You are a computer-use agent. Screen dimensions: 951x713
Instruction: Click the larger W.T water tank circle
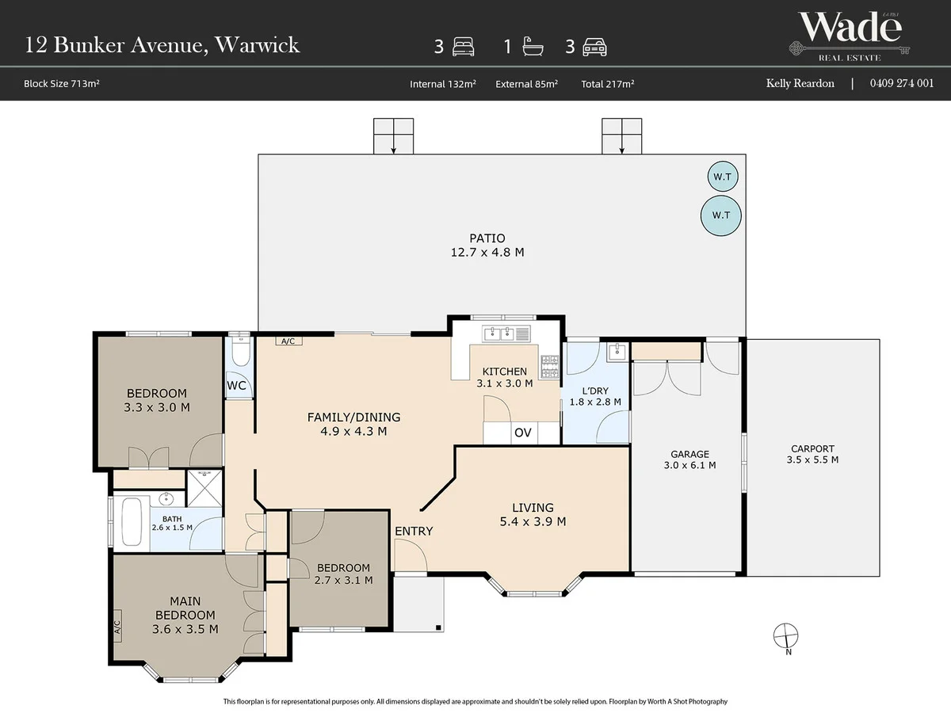pyautogui.click(x=720, y=215)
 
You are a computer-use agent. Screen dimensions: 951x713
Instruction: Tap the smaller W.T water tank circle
pyautogui.click(x=722, y=176)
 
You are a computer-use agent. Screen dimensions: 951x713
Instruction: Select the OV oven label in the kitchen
pyautogui.click(x=522, y=433)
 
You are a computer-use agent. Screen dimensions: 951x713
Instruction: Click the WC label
pyautogui.click(x=236, y=386)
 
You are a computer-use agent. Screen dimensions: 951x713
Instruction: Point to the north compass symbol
pyautogui.click(x=785, y=636)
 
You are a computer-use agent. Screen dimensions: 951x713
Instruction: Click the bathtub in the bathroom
pyautogui.click(x=132, y=522)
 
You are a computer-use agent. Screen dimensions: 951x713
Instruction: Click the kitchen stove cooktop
pyautogui.click(x=549, y=367)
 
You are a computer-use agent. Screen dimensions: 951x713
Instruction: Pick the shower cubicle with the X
pyautogui.click(x=204, y=488)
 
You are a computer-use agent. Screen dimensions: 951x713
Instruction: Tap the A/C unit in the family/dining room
pyautogui.click(x=288, y=341)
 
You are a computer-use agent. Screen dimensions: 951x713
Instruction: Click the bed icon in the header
pyautogui.click(x=463, y=46)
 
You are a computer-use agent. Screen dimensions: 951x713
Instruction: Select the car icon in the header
pyautogui.click(x=594, y=47)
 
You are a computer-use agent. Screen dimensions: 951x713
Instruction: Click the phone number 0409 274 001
pyautogui.click(x=902, y=83)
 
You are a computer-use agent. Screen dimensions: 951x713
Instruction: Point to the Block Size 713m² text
pyautogui.click(x=62, y=83)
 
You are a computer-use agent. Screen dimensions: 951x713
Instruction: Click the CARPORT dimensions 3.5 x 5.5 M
pyautogui.click(x=812, y=459)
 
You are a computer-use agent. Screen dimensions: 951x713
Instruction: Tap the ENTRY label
pyautogui.click(x=414, y=531)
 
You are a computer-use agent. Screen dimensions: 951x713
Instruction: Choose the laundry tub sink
pyautogui.click(x=617, y=351)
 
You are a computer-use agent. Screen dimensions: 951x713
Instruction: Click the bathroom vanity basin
pyautogui.click(x=166, y=499)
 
